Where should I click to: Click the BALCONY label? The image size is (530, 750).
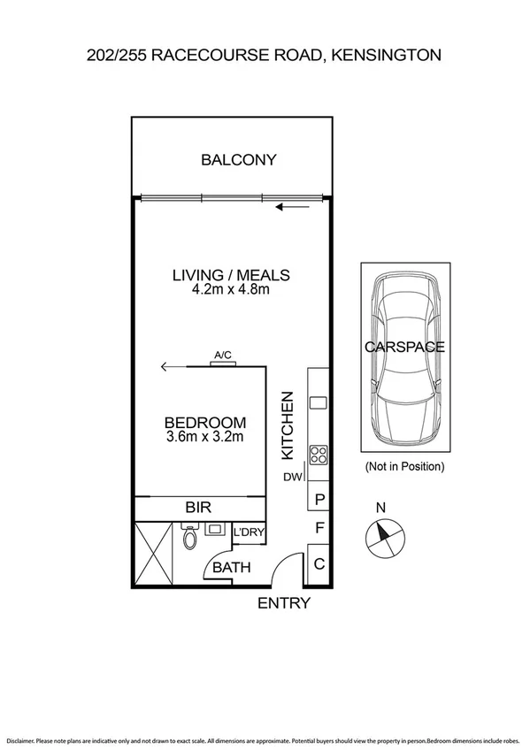click(x=238, y=160)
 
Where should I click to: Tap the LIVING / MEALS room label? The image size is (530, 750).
click(x=230, y=274)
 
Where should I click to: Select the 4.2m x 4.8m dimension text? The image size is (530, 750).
click(x=230, y=289)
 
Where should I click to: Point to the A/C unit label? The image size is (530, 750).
click(x=223, y=356)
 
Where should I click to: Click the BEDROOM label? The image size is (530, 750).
click(x=205, y=422)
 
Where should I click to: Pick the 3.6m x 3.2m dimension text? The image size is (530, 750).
click(x=205, y=436)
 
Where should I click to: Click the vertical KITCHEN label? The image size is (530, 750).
click(x=287, y=425)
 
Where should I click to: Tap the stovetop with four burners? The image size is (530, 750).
click(x=318, y=455)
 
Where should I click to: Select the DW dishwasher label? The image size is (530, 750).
click(x=291, y=478)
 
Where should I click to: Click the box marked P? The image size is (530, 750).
click(x=319, y=499)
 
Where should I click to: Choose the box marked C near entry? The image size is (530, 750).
click(x=319, y=563)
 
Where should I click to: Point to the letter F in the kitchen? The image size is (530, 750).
click(x=319, y=531)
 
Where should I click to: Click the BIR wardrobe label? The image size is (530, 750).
click(x=197, y=508)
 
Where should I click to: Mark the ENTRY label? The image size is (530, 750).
click(x=283, y=603)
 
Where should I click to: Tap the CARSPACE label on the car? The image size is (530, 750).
click(x=404, y=348)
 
